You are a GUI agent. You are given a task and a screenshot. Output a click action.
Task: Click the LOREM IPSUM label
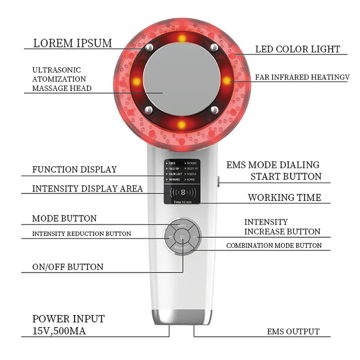72,43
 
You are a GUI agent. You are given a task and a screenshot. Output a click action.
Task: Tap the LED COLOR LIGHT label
298,49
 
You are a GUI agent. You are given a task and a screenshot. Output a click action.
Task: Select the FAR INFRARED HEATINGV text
302,77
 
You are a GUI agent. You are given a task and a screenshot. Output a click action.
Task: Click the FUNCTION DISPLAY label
74,169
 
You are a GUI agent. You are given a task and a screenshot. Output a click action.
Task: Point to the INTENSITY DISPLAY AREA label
87,189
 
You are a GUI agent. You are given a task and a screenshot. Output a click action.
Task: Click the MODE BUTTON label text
64,219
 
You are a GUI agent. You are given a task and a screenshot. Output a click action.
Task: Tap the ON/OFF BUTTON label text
67,267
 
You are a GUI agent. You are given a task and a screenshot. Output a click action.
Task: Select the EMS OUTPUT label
293,332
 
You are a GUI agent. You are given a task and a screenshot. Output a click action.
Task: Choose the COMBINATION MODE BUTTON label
274,246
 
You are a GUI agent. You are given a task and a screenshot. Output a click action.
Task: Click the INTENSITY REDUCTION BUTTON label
81,233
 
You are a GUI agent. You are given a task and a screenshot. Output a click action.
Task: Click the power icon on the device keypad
183,237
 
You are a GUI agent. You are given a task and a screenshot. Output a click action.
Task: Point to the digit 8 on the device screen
183,194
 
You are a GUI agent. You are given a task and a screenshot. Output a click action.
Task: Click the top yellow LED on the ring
182,39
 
